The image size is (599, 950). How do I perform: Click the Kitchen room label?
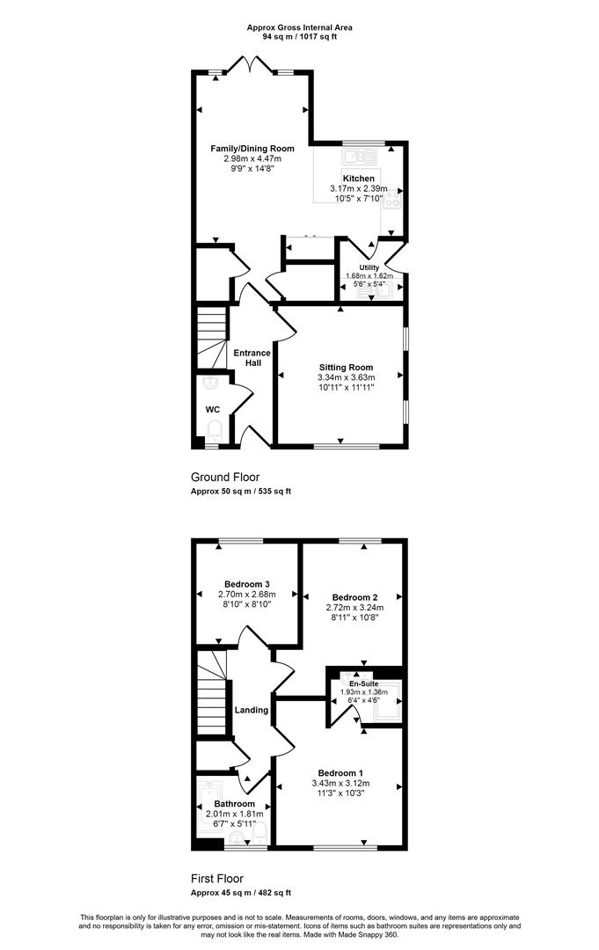tap(359, 179)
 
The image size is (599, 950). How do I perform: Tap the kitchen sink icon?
tap(359, 157)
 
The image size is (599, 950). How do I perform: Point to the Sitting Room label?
tap(346, 367)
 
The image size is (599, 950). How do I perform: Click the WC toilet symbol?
tap(215, 433)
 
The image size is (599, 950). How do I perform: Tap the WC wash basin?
tap(209, 383)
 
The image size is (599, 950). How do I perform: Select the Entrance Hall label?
tap(252, 357)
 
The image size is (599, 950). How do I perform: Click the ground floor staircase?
tap(211, 338)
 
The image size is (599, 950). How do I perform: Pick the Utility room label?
tap(369, 267)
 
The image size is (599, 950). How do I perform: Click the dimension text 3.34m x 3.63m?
tap(346, 377)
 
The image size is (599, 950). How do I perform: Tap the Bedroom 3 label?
tap(246, 584)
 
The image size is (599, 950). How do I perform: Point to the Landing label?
tap(252, 710)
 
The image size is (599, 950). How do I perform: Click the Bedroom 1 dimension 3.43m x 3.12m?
tap(340, 784)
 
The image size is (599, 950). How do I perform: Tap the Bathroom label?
tap(234, 804)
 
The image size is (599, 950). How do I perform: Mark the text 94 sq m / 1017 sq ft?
tap(299, 36)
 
